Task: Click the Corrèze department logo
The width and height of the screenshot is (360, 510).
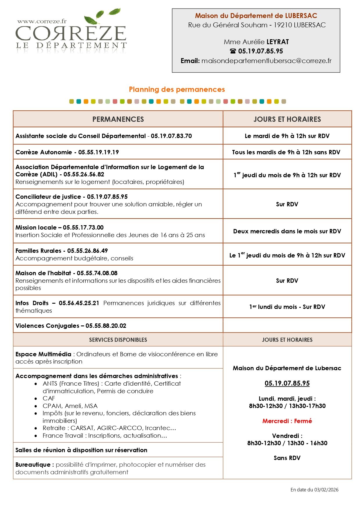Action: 71,32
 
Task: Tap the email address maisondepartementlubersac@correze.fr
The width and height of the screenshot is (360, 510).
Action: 266,61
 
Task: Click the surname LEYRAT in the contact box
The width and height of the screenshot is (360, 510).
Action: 278,42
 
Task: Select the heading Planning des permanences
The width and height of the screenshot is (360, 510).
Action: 177,90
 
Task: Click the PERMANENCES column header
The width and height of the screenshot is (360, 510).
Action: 118,119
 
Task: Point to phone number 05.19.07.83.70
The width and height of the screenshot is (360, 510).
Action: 171,136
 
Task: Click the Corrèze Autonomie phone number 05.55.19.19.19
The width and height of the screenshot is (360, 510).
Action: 98,152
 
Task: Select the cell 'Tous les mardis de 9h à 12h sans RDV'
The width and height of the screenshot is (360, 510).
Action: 286,152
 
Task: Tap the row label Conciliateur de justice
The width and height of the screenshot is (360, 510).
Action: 48,197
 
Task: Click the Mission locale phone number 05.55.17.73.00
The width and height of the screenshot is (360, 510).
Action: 83,228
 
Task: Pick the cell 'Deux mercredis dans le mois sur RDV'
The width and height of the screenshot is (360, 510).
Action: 287,231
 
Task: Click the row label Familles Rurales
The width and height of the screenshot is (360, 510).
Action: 38,251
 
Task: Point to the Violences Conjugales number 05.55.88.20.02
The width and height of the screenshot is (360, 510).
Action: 106,326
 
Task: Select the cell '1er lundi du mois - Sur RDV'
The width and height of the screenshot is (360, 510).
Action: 287,307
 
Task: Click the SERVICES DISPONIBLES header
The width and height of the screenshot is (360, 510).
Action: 118,340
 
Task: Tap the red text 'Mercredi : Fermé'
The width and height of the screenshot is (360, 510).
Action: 287,421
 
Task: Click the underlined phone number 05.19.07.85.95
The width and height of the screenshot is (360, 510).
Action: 287,383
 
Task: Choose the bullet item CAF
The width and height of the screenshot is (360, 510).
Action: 49,398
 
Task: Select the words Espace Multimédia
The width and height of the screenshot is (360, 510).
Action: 43,354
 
